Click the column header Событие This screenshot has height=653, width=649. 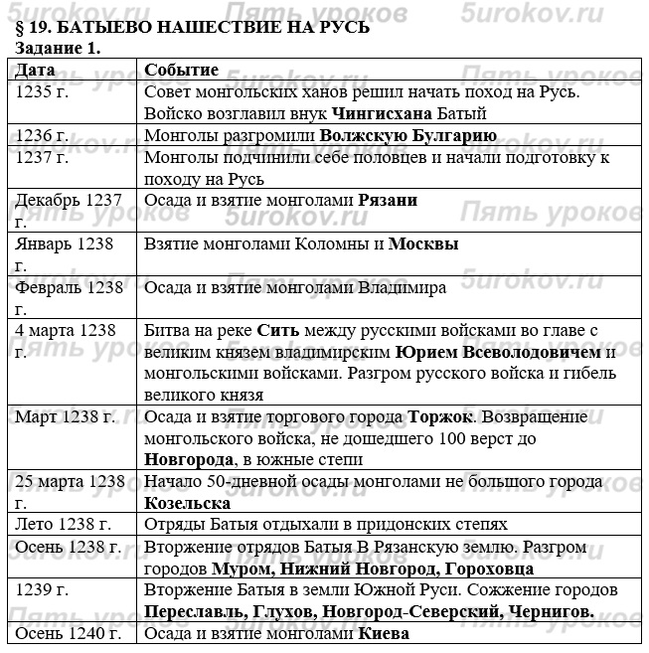(x=181, y=70)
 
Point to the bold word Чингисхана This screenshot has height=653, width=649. (x=381, y=113)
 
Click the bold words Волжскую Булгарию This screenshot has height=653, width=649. (x=407, y=135)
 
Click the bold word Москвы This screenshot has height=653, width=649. (x=422, y=244)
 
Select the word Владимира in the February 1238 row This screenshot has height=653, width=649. (x=401, y=287)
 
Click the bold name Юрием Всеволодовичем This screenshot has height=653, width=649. (x=498, y=352)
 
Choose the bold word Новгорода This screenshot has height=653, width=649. (x=189, y=459)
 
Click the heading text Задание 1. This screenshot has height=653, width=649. (x=58, y=48)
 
